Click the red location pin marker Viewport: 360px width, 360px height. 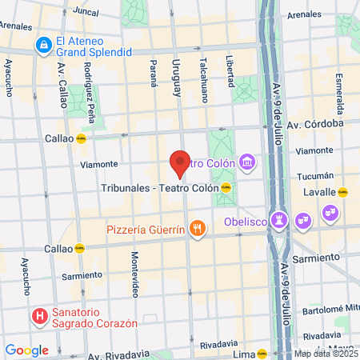180,162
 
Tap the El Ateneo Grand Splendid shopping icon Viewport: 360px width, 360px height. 42,46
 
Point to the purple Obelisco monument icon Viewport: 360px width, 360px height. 279,218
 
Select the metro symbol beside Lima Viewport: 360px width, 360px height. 262,354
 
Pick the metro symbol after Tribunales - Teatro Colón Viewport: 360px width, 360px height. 226,188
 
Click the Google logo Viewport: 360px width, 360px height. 26,350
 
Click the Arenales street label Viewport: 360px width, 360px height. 304,14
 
